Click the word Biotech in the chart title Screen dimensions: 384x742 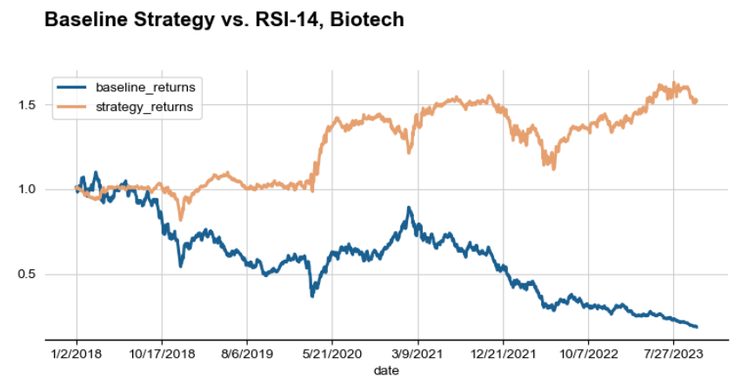pos(367,19)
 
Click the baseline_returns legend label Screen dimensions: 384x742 pos(145,88)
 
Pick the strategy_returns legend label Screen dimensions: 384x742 pos(144,107)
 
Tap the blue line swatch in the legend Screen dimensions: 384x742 pos(72,88)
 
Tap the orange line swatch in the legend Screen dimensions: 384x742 pos(72,107)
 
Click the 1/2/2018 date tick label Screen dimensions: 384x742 pos(77,354)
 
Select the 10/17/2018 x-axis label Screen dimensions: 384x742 pos(162,354)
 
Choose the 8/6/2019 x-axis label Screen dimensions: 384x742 pos(247,354)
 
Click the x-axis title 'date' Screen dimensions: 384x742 pos(385,371)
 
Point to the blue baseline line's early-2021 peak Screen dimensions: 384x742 pos(409,209)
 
